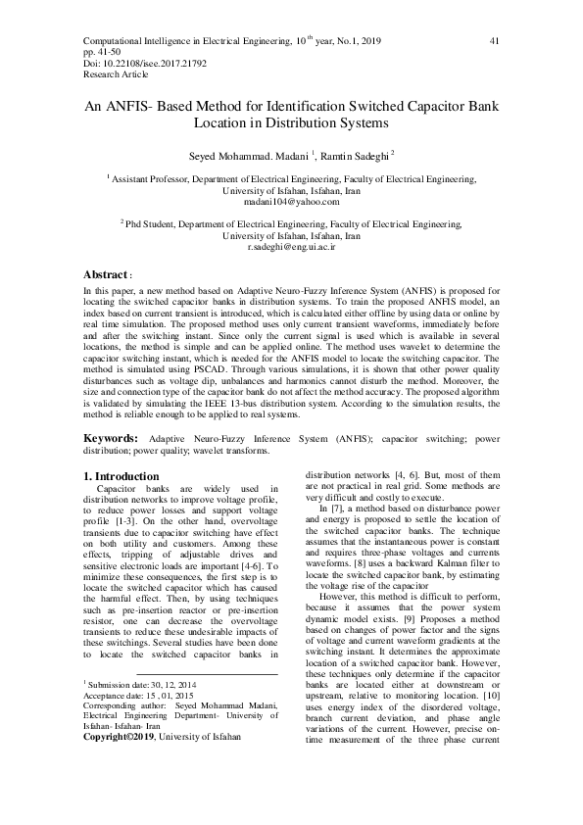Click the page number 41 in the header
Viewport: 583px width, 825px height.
(494, 41)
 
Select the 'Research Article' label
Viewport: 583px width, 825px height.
(112, 73)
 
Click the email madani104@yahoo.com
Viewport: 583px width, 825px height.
(291, 202)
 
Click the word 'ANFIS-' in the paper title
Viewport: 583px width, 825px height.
(139, 107)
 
